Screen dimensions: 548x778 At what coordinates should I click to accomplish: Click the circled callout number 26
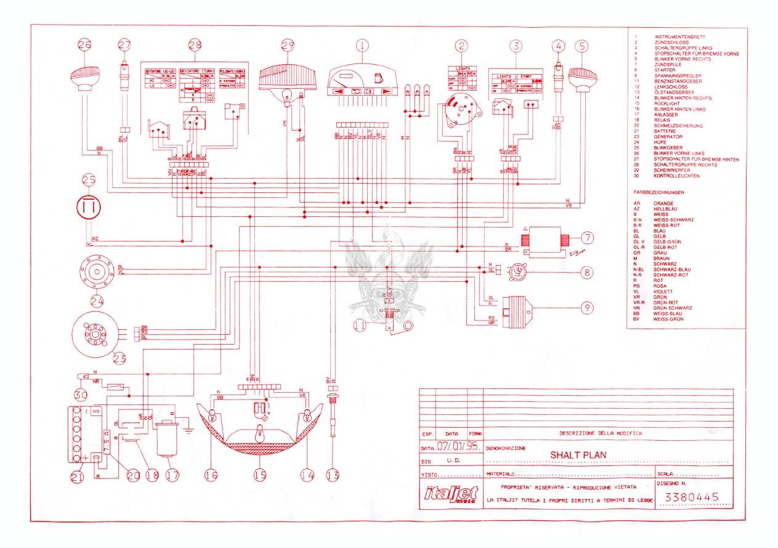click(85, 44)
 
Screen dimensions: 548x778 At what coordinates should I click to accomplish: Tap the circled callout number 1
click(363, 44)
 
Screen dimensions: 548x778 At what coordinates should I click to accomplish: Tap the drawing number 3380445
click(689, 497)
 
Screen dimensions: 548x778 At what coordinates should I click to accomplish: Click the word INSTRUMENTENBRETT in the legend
click(679, 37)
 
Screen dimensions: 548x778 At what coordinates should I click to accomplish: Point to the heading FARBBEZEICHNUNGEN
click(659, 192)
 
